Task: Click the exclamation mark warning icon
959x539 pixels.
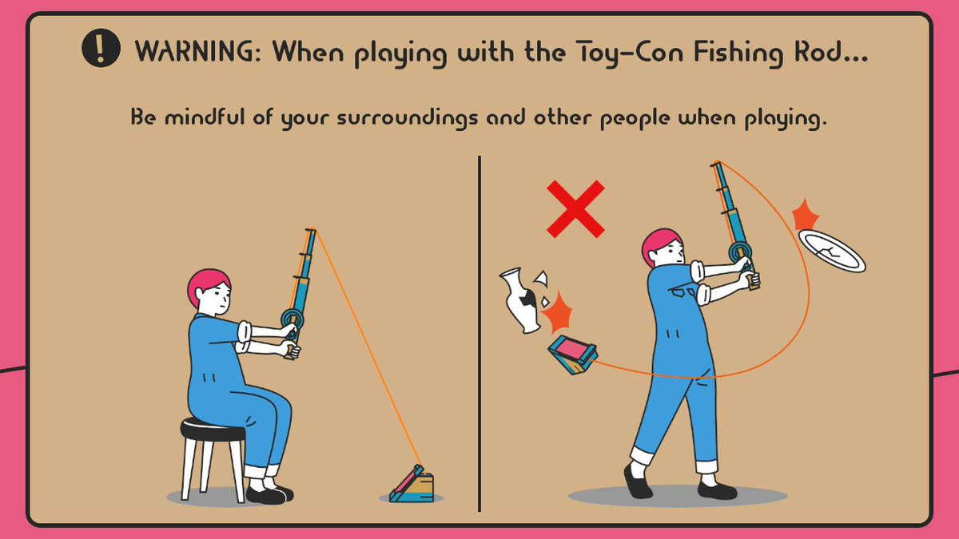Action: [100, 50]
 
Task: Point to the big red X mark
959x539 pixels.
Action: [575, 209]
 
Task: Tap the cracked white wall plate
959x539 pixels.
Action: [831, 250]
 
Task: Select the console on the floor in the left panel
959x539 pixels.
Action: [414, 485]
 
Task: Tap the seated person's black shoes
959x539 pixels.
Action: [269, 493]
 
